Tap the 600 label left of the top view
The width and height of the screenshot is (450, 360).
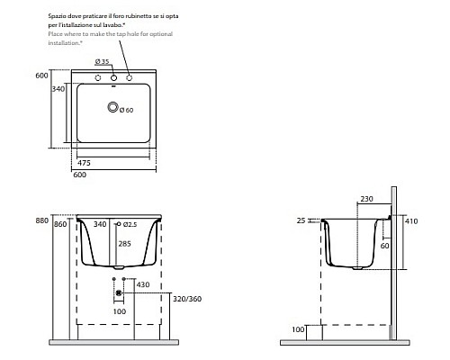click(x=40, y=76)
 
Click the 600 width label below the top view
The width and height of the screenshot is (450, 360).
click(x=80, y=176)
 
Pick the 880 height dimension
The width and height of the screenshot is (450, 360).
click(x=40, y=220)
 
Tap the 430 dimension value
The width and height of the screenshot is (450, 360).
click(x=141, y=285)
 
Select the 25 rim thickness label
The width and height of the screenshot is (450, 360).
click(x=300, y=220)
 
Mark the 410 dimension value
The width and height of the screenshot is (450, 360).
click(x=411, y=220)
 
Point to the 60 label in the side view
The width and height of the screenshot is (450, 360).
click(x=383, y=245)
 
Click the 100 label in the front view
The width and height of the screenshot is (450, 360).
click(x=120, y=311)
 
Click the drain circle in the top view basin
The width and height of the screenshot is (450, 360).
click(x=113, y=109)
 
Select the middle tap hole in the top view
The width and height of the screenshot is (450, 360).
click(x=114, y=78)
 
